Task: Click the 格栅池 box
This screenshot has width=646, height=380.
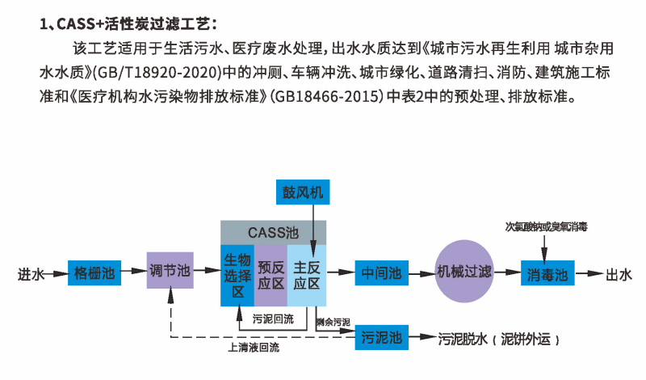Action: click(x=93, y=272)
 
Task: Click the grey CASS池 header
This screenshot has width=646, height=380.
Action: click(x=275, y=231)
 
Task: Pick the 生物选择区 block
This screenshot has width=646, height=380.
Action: click(x=237, y=275)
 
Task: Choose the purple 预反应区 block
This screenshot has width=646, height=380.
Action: click(x=271, y=275)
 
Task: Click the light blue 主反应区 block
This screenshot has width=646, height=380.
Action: click(x=307, y=275)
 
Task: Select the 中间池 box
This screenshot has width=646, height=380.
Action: click(x=382, y=272)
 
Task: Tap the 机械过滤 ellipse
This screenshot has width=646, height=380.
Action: click(x=464, y=272)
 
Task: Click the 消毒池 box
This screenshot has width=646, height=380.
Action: click(x=543, y=272)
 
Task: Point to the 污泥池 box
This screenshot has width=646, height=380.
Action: click(x=382, y=336)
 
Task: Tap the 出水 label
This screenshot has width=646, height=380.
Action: click(x=619, y=273)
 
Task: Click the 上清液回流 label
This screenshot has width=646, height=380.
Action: click(x=254, y=348)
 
